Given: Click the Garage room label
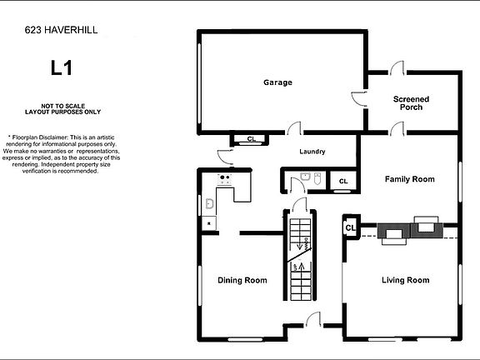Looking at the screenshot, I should pyautogui.click(x=277, y=82).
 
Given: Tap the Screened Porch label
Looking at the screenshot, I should pyautogui.click(x=411, y=102).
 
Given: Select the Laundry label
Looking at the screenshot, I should pyautogui.click(x=312, y=152).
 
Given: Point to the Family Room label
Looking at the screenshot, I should pyautogui.click(x=409, y=179).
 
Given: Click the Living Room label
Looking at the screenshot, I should pyautogui.click(x=405, y=280).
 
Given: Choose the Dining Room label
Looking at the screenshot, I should pyautogui.click(x=242, y=280).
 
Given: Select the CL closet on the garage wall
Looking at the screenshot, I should pyautogui.click(x=251, y=139).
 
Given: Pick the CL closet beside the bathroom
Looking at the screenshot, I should pyautogui.click(x=342, y=181).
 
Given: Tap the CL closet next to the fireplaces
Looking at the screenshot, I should pyautogui.click(x=350, y=227).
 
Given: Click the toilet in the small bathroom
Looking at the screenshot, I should pyautogui.click(x=306, y=177).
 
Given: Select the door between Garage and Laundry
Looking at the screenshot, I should pyautogui.click(x=292, y=129).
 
